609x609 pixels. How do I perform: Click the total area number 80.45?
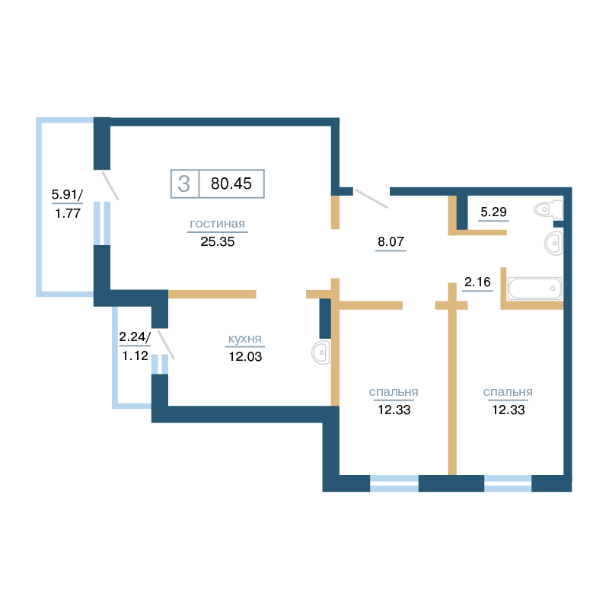pos(231,183)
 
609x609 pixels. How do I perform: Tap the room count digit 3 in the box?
pos(184,183)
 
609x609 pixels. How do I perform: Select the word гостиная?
pos(217,224)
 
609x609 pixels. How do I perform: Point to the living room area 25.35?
pos(218,241)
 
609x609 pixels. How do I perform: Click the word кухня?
pos(244,339)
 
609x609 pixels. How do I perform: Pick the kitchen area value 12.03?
pos(245,356)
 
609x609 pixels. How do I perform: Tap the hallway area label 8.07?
pos(391,241)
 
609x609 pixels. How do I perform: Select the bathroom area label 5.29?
pos(493,212)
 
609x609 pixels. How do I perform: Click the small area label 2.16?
pos(477,282)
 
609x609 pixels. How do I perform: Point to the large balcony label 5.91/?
pos(67,194)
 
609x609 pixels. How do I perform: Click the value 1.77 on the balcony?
pos(68,213)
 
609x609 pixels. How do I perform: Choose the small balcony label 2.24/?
pos(135,336)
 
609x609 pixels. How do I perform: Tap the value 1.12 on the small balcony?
pos(136,356)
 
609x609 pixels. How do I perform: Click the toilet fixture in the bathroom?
pos(548,209)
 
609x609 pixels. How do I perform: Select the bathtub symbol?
pos(534,289)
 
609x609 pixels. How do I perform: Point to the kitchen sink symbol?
pos(320,352)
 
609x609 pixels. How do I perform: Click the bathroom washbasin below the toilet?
pos(553,244)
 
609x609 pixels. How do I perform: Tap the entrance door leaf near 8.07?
pos(371,199)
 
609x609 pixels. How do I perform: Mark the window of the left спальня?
pos(394,483)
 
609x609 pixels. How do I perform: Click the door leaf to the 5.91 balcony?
pos(110,186)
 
